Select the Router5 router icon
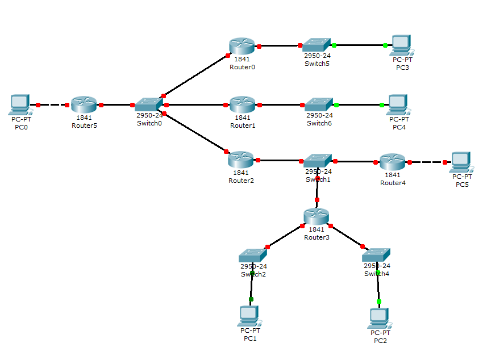click(x=84, y=104)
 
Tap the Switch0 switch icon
click(x=149, y=104)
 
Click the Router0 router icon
click(x=242, y=46)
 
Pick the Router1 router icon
click(x=242, y=104)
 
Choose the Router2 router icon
click(x=241, y=160)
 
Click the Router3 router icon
click(x=316, y=216)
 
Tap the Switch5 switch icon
click(x=317, y=44)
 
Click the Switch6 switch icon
click(x=318, y=104)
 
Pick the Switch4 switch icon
click(x=377, y=255)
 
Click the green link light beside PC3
click(x=385, y=45)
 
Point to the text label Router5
click(x=84, y=125)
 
